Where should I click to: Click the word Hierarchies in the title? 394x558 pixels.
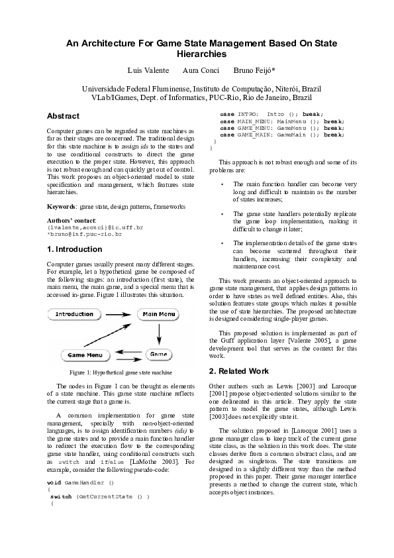(x=201, y=54)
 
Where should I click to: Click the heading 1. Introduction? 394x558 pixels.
(x=75, y=249)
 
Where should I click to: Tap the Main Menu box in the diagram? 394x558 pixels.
(x=159, y=313)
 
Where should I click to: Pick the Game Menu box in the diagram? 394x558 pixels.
(x=85, y=355)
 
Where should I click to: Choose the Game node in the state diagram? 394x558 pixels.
(x=158, y=355)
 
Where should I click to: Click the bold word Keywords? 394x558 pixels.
(x=61, y=207)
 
